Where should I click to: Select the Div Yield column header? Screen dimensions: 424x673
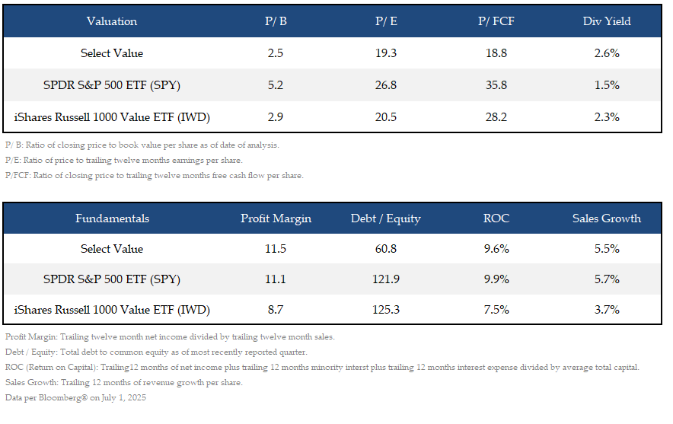607,21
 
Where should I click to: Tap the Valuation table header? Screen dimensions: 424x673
112,21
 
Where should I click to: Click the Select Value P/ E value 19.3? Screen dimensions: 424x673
386,53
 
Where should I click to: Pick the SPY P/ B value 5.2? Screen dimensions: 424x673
275,85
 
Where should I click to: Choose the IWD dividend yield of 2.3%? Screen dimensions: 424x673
607,117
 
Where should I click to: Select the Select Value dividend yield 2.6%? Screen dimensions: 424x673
607,53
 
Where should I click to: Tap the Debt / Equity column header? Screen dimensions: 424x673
386,218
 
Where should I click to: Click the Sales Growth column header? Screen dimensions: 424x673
607,218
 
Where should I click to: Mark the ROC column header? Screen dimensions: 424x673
496,218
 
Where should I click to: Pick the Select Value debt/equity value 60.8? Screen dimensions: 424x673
386,249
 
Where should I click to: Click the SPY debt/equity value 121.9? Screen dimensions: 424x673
386,279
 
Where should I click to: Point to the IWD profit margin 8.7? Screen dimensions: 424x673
276,310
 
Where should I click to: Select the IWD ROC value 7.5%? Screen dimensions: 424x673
496,310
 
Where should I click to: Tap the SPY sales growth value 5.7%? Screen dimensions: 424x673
607,279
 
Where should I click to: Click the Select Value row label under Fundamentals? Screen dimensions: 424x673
112,249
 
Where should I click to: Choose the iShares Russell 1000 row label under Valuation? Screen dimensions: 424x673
112,117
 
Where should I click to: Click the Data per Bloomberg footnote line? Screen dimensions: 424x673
75,397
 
